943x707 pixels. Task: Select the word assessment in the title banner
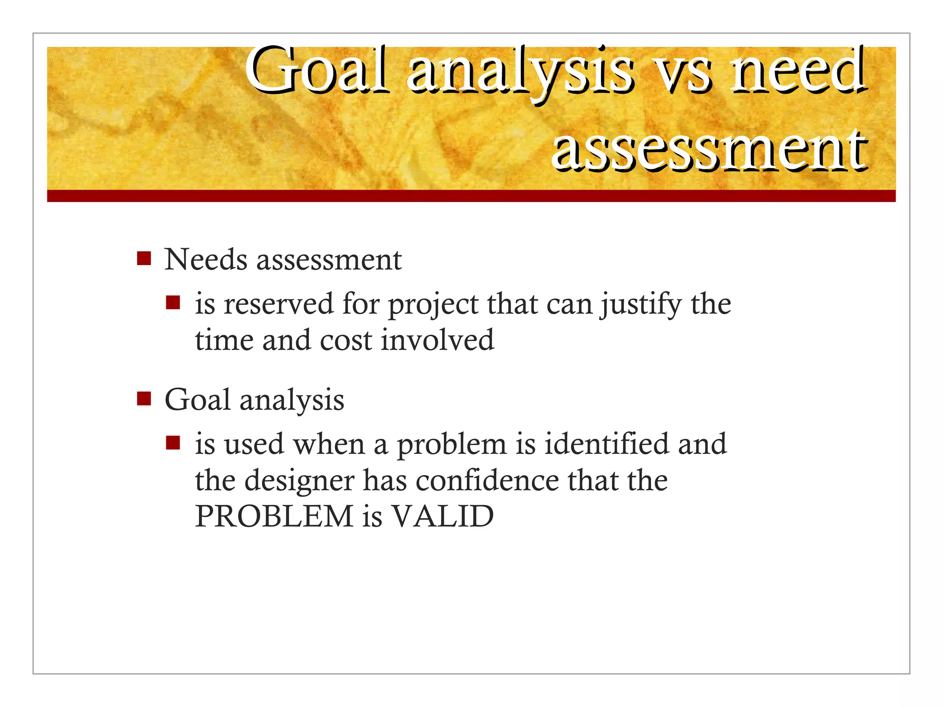coord(709,150)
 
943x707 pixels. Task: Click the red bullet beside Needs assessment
coord(144,259)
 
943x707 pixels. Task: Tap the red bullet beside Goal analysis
coord(144,399)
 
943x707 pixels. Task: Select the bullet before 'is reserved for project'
coord(173,303)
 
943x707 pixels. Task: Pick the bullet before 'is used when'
coord(173,443)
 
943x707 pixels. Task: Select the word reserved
coord(279,305)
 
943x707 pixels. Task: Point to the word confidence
coord(487,481)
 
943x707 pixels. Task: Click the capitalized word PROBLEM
coord(274,516)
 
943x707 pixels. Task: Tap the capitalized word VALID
coord(442,516)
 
